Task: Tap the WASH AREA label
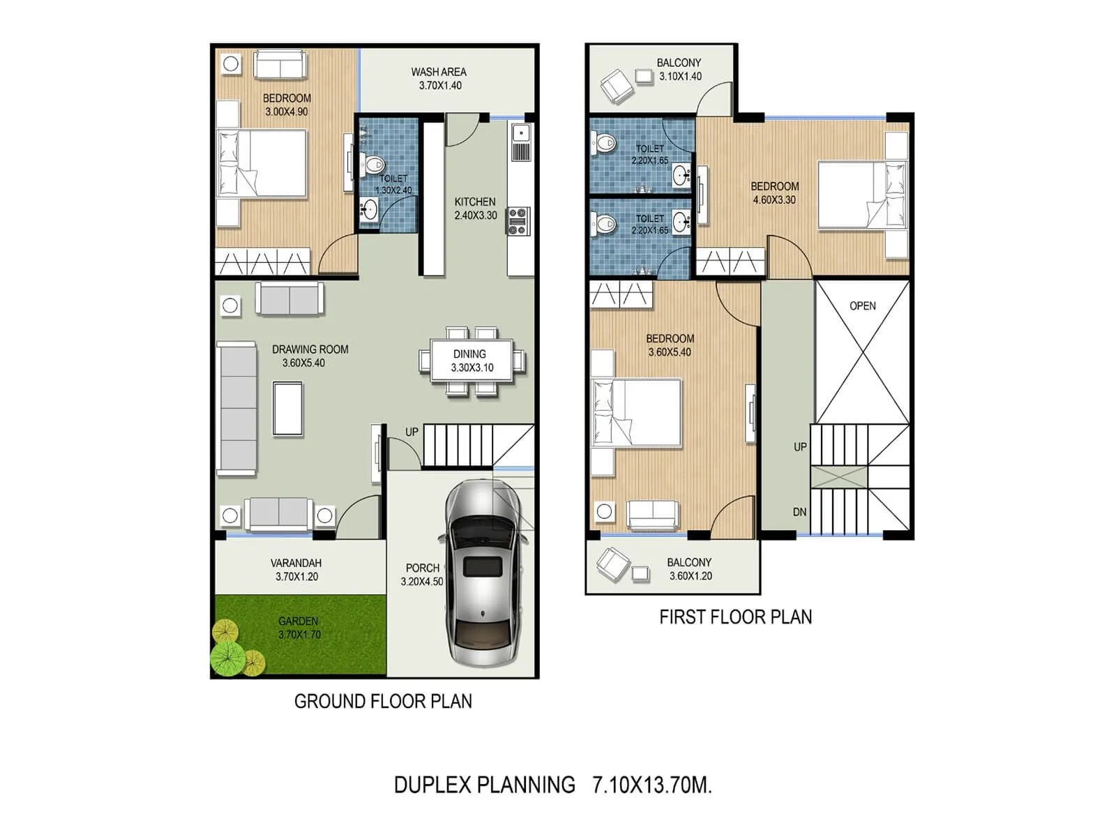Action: click(439, 72)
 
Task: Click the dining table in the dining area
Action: click(472, 361)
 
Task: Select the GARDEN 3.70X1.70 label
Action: click(299, 628)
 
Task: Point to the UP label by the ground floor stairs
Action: click(412, 432)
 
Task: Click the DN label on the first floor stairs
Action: click(799, 512)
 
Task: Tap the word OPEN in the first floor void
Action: click(863, 306)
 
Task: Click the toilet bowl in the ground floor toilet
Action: click(374, 165)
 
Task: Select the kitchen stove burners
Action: click(518, 221)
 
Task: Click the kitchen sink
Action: click(520, 133)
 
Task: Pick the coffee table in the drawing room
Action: click(287, 409)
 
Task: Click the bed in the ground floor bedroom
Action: click(262, 163)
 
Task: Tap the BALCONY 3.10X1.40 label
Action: click(679, 70)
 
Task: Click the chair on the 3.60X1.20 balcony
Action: click(613, 564)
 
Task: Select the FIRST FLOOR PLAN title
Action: click(735, 617)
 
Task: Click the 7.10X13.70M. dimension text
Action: click(651, 785)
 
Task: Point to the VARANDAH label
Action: click(296, 563)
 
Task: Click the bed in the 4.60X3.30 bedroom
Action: click(862, 195)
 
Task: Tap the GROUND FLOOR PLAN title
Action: click(383, 702)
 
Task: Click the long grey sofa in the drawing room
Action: click(237, 409)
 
